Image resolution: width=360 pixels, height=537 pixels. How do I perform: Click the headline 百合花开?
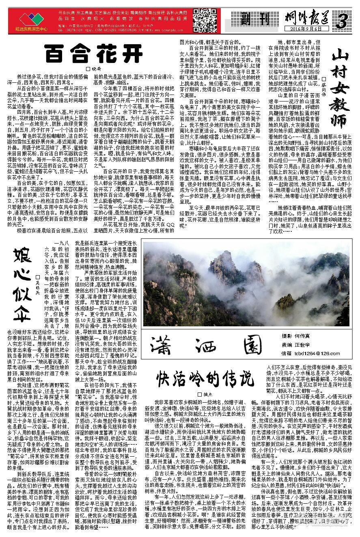(94, 53)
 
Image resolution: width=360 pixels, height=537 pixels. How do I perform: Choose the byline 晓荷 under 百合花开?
(94, 69)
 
